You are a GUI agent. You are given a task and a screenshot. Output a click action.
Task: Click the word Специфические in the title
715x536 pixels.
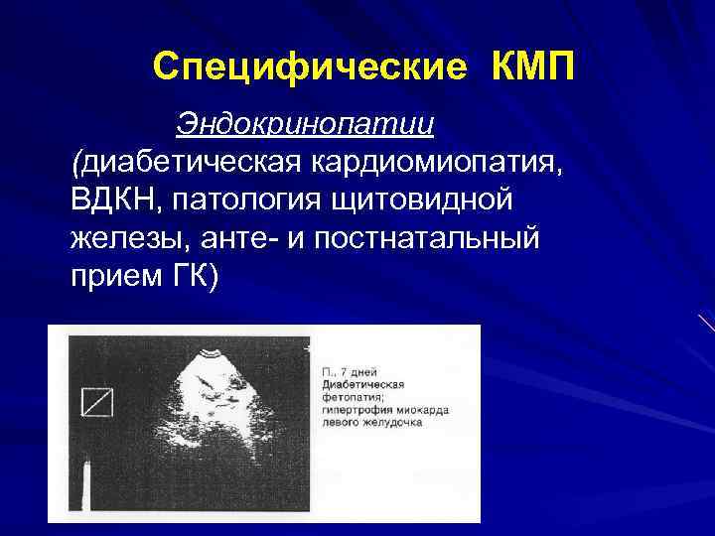309,67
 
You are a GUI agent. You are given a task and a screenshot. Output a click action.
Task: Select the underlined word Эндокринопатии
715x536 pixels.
306,124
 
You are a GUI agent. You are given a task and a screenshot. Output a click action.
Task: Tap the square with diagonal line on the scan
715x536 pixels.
97,402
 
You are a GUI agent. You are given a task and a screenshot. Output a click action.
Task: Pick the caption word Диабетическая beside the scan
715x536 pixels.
362,384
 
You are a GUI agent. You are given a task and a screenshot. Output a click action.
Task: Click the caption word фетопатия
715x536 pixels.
349,396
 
